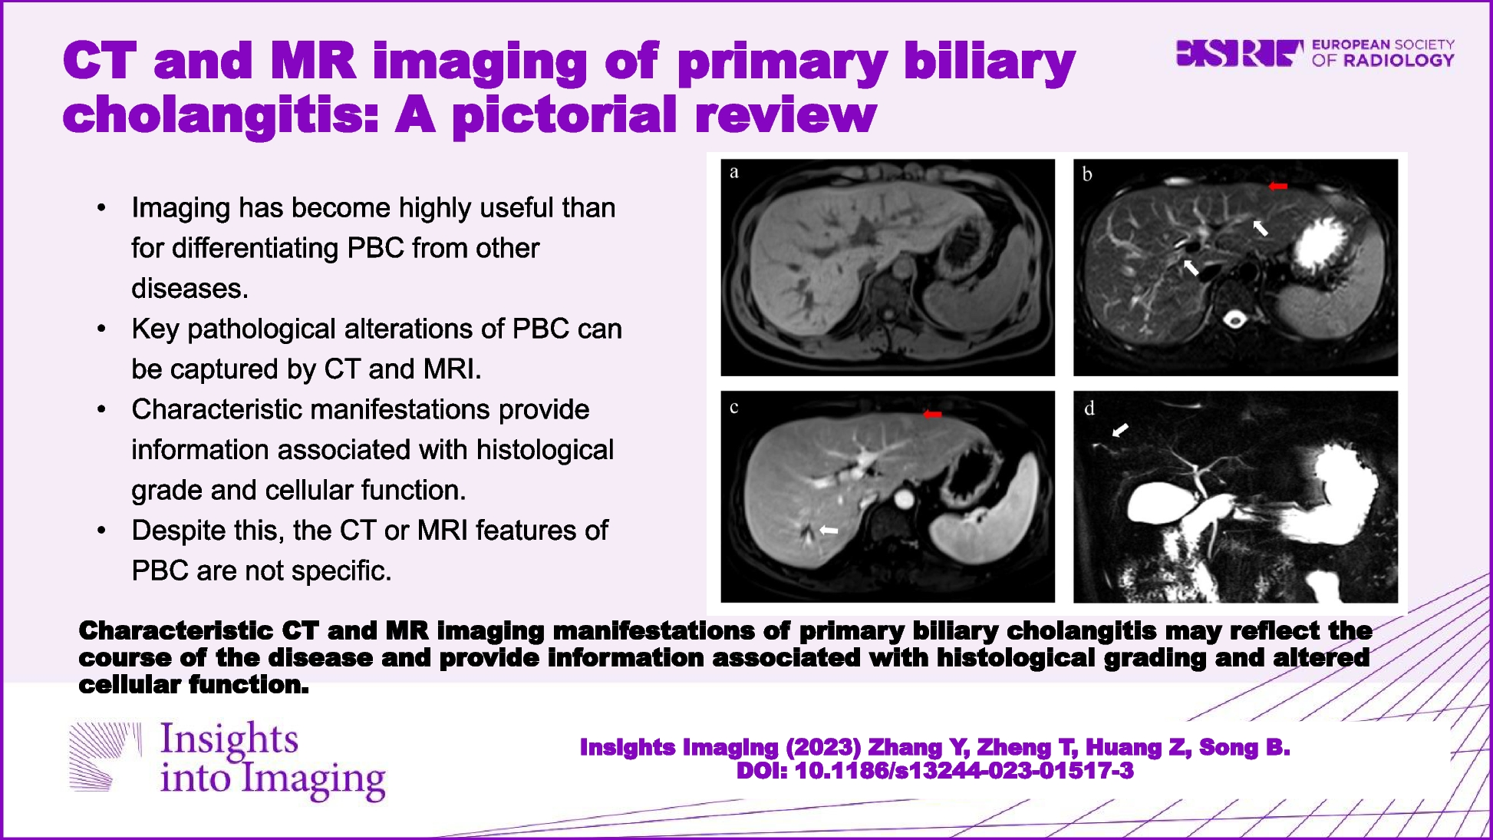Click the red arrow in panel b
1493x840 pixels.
click(x=1277, y=186)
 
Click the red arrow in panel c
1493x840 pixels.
click(x=932, y=415)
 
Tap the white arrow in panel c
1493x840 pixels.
click(x=829, y=530)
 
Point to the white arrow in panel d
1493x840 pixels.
click(x=1121, y=430)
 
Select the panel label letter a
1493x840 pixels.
click(x=734, y=172)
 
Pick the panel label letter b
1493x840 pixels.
click(x=1087, y=174)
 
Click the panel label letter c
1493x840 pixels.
click(x=734, y=408)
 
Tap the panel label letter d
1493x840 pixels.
click(x=1089, y=408)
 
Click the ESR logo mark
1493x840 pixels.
click(x=1239, y=53)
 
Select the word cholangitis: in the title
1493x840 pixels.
click(x=222, y=116)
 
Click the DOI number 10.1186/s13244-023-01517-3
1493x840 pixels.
click(x=964, y=771)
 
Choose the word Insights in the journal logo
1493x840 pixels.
click(x=229, y=739)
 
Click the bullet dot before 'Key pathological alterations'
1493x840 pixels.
click(x=101, y=329)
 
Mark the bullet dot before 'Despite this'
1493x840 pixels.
click(x=101, y=531)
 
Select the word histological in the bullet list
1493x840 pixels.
click(x=545, y=450)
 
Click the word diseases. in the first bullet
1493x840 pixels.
click(x=190, y=289)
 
